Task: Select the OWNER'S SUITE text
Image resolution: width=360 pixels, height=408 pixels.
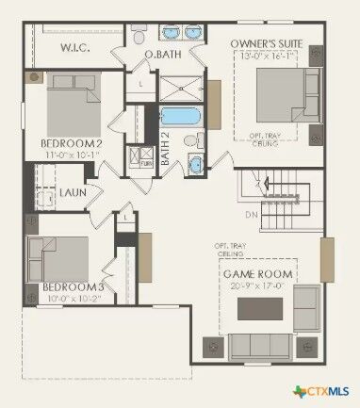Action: click(266, 43)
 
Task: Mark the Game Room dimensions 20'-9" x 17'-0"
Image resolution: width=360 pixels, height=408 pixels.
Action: click(258, 286)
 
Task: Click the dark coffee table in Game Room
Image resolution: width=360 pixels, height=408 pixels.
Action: click(258, 308)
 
